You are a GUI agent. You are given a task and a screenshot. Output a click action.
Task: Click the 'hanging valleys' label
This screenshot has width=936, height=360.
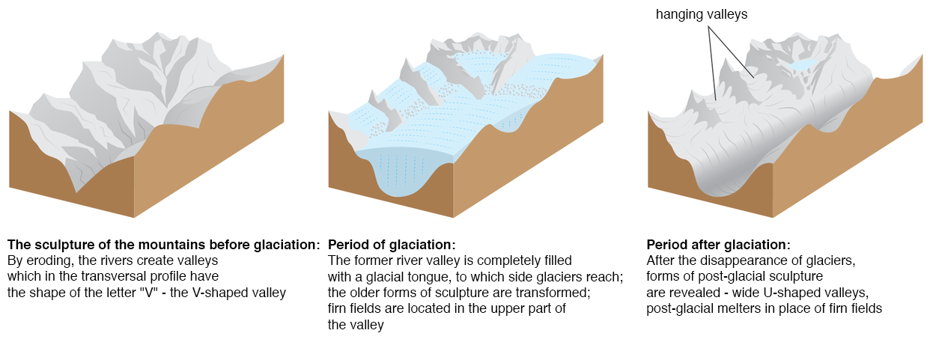tap(702, 14)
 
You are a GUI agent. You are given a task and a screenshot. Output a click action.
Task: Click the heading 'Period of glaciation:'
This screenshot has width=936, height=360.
tap(392, 245)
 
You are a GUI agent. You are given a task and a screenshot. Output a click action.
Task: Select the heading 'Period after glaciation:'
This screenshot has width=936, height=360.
tap(718, 245)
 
